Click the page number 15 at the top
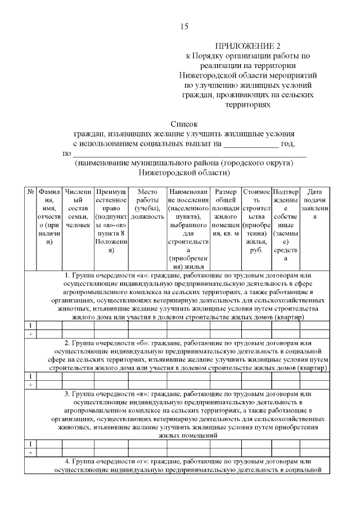[184, 26]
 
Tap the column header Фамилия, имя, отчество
[49, 217]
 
